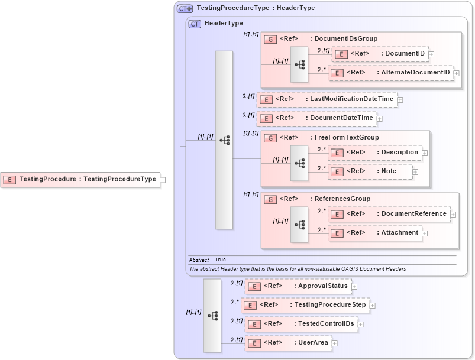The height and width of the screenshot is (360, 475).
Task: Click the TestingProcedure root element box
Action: tap(80, 179)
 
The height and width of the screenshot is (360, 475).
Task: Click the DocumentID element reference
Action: tap(380, 54)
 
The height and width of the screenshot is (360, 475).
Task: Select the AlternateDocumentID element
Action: tap(390, 73)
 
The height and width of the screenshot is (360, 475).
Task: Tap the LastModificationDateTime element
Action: tap(327, 99)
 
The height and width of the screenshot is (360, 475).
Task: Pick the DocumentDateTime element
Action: tap(316, 118)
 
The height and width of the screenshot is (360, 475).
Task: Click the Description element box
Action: tap(374, 153)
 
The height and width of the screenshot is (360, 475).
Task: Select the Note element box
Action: tap(370, 171)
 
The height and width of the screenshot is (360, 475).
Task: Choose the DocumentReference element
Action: tap(389, 213)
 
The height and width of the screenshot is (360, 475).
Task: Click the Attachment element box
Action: tap(374, 233)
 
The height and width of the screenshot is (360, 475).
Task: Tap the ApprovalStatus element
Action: tap(298, 286)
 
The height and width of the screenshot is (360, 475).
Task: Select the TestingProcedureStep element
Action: tap(305, 305)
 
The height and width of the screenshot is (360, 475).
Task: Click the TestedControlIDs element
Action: tap(300, 324)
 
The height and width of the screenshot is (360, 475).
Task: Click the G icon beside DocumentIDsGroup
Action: tap(270, 39)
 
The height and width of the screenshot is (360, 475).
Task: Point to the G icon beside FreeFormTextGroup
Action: tap(270, 138)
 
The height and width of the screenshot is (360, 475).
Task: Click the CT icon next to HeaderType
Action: tap(195, 24)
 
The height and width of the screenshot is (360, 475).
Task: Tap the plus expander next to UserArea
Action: tap(335, 343)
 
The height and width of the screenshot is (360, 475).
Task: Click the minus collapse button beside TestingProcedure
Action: tap(163, 179)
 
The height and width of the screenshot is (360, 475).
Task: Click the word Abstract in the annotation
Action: tap(199, 260)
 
